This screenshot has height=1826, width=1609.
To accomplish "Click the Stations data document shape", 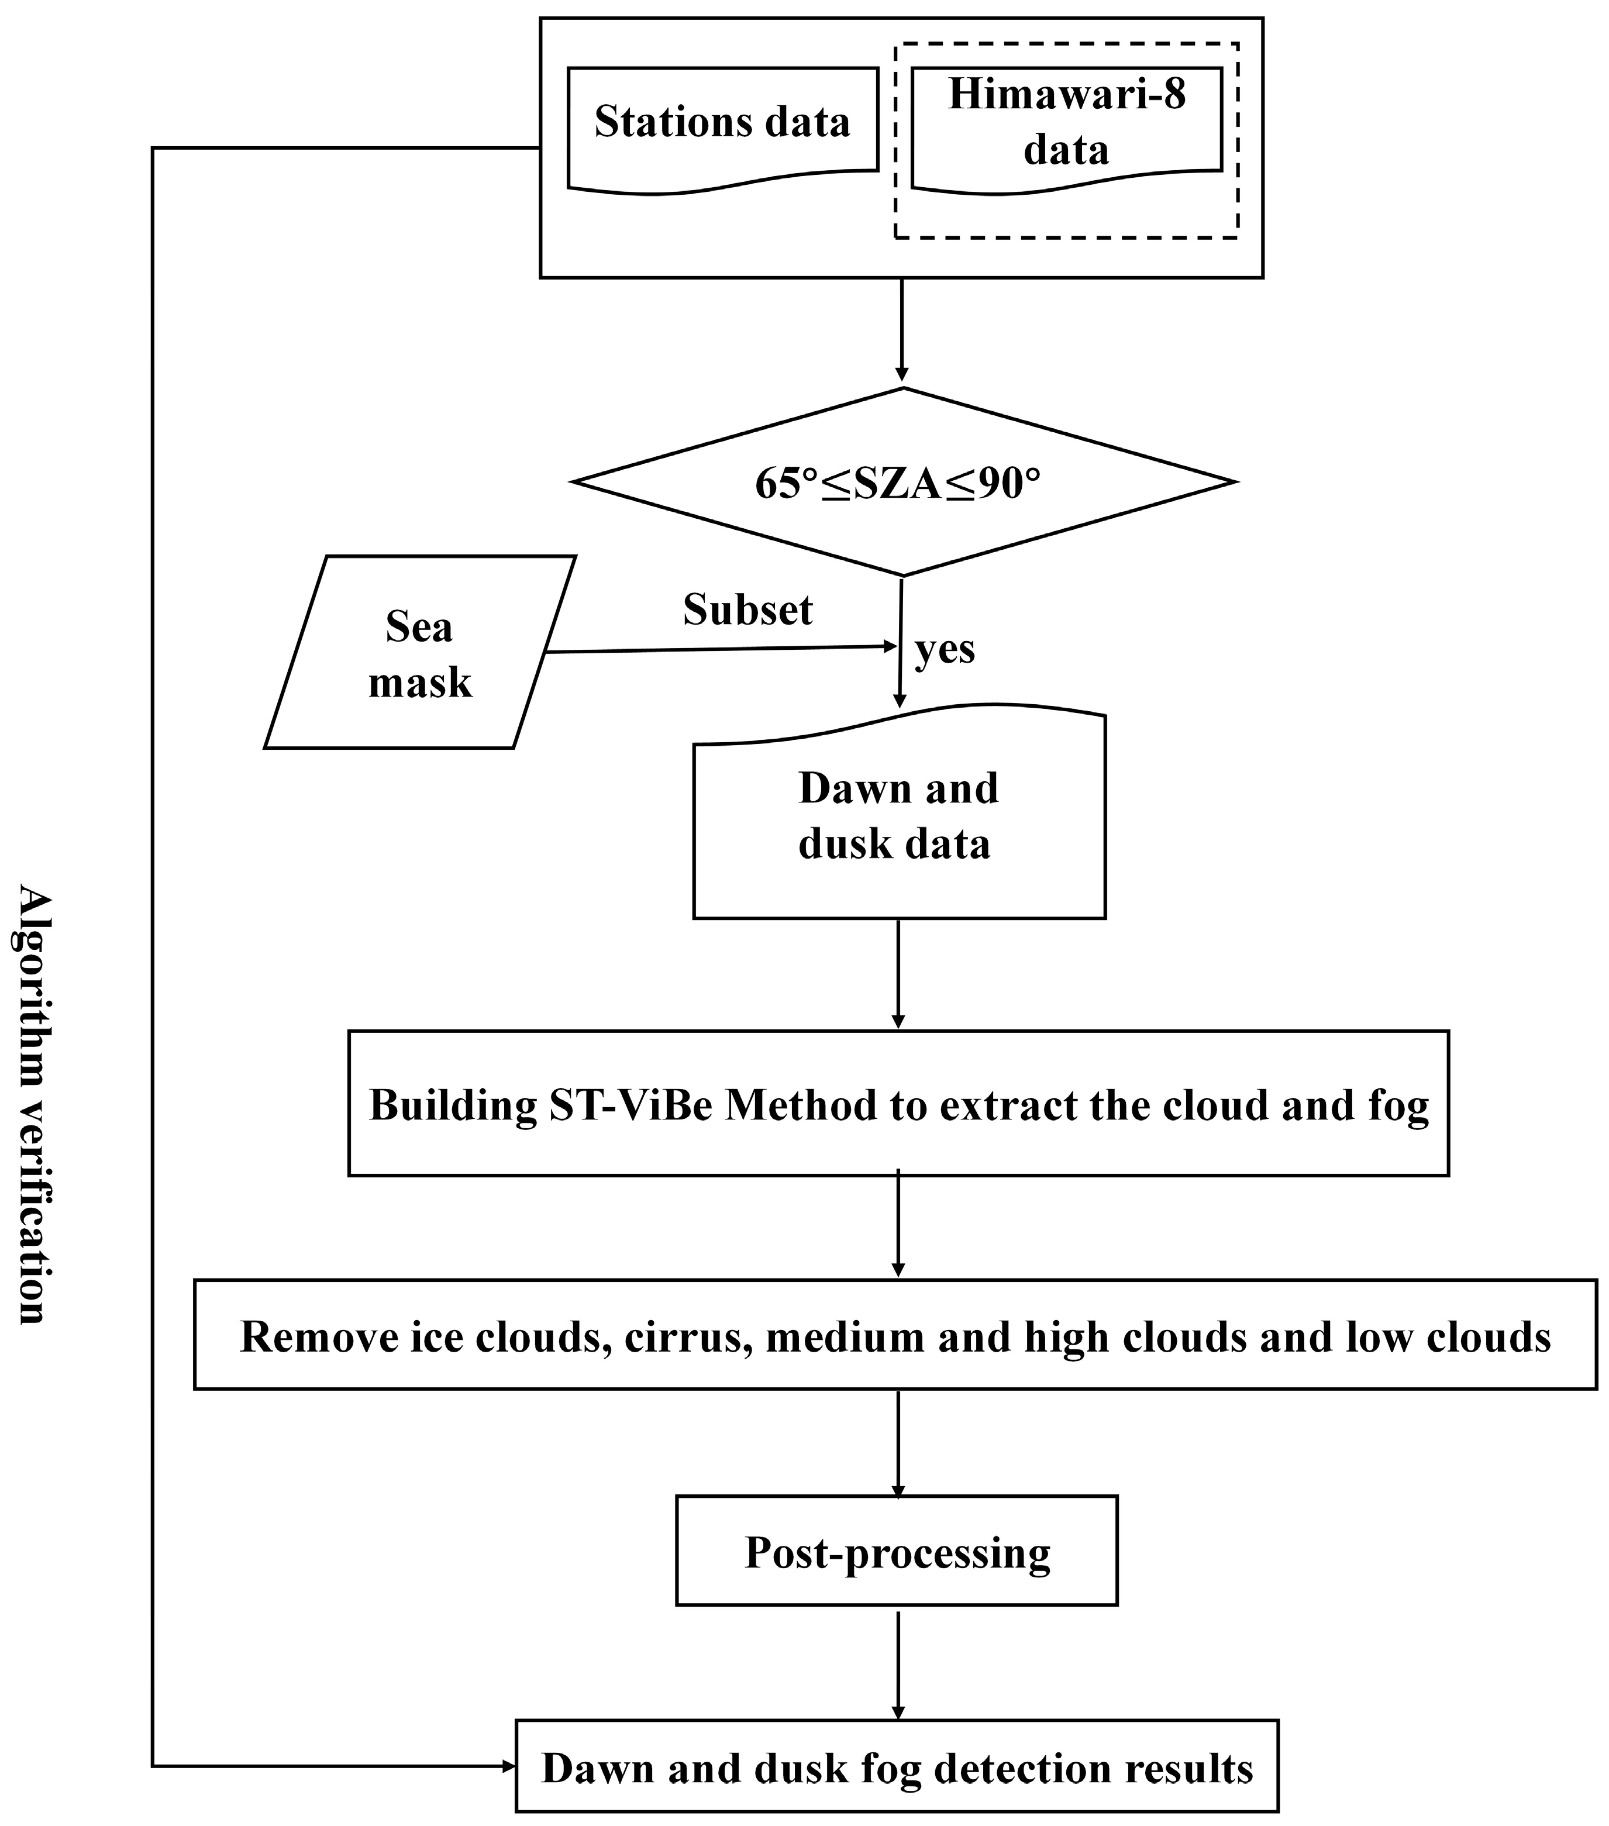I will pyautogui.click(x=722, y=125).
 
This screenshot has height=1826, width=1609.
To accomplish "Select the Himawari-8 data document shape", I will pyautogui.click(x=1066, y=125).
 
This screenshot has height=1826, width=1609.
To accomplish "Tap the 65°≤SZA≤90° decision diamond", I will pyautogui.click(x=902, y=483).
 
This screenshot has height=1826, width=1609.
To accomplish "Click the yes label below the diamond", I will pyautogui.click(x=945, y=650).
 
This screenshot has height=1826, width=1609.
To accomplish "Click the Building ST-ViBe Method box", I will pyautogui.click(x=898, y=1105).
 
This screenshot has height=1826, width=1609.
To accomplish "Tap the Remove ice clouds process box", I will pyautogui.click(x=895, y=1336).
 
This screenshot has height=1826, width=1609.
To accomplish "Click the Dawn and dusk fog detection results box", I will pyautogui.click(x=897, y=1768).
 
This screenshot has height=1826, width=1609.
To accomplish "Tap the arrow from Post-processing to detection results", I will pyautogui.click(x=898, y=1662).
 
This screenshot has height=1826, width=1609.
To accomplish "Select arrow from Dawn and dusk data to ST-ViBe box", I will pyautogui.click(x=898, y=974).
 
